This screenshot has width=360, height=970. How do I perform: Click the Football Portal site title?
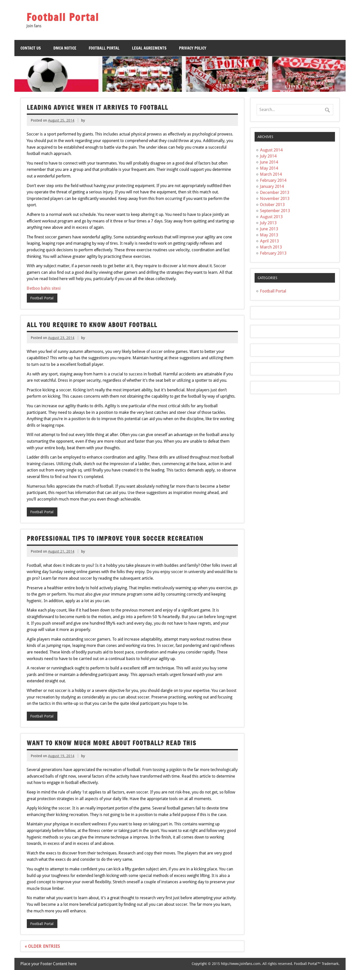pyautogui.click(x=62, y=17)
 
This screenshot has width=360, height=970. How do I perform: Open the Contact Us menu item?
pyautogui.click(x=31, y=48)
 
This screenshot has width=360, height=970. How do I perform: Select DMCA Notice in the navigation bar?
pyautogui.click(x=65, y=48)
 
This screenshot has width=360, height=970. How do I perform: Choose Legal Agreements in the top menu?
pyautogui.click(x=149, y=48)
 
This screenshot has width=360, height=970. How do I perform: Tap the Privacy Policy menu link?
pyautogui.click(x=192, y=48)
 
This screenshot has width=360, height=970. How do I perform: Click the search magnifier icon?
pyautogui.click(x=327, y=110)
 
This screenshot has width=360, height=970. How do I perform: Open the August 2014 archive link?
pyautogui.click(x=271, y=150)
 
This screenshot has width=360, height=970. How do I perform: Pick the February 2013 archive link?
pyautogui.click(x=273, y=253)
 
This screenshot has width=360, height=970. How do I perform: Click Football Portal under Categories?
pyautogui.click(x=273, y=291)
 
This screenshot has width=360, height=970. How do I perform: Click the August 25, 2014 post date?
pyautogui.click(x=61, y=121)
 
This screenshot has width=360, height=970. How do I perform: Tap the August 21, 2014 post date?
pyautogui.click(x=61, y=551)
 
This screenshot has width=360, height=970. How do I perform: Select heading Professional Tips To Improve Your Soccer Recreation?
pyautogui.click(x=115, y=538)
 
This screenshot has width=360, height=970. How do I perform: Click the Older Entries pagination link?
pyautogui.click(x=42, y=946)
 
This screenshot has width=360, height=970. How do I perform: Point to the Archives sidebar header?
pyautogui.click(x=295, y=137)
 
